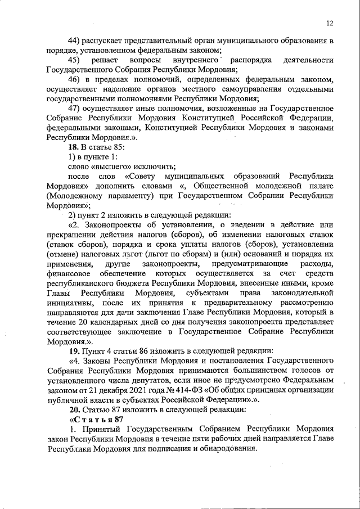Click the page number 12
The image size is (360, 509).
(x=330, y=23)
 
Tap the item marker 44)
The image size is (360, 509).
(x=75, y=41)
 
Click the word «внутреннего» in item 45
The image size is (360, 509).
(x=190, y=60)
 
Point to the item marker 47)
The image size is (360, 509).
(x=75, y=108)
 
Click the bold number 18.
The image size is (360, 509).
(x=73, y=147)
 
